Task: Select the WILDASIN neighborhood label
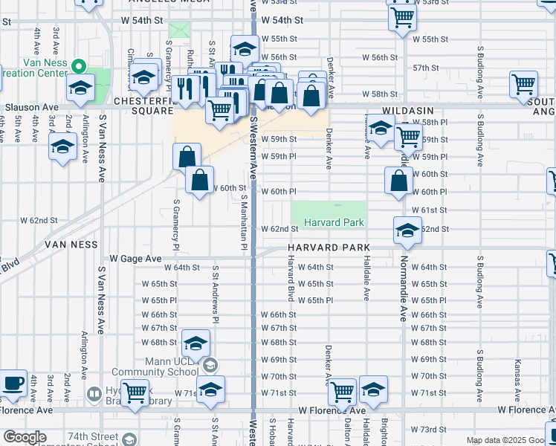[x=407, y=109]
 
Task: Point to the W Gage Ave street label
[x=135, y=258]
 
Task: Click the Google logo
[x=25, y=437]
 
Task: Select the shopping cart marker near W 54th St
[x=401, y=16]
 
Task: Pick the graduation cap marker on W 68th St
[x=195, y=343]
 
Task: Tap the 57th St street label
[x=426, y=68]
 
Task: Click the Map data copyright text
[x=510, y=440]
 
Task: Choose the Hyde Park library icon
[x=94, y=394]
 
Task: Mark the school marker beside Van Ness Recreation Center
[x=80, y=87]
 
